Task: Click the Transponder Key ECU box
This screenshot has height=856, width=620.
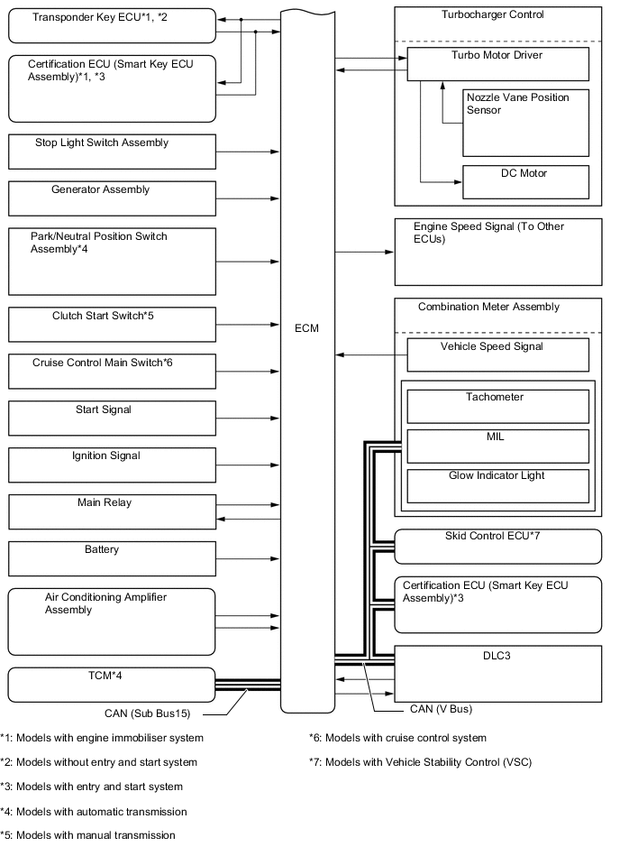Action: click(x=112, y=25)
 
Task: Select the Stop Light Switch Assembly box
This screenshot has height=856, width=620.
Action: click(x=112, y=152)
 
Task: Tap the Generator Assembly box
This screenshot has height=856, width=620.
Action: click(x=112, y=198)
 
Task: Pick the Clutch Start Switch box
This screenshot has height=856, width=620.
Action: click(x=112, y=324)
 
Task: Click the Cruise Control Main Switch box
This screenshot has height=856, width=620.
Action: click(x=112, y=371)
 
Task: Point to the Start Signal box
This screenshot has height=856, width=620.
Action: click(x=112, y=418)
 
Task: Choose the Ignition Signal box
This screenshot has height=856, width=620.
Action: click(x=112, y=465)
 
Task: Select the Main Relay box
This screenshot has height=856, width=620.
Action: click(x=112, y=511)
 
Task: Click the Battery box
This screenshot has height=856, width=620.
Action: click(x=112, y=558)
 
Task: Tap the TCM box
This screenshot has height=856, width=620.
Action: click(x=112, y=684)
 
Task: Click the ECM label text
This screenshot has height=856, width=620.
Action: click(x=307, y=327)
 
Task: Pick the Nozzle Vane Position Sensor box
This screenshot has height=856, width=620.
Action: click(x=525, y=122)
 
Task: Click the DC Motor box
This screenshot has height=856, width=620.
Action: click(x=525, y=181)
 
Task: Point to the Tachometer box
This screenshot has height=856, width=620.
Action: click(x=497, y=406)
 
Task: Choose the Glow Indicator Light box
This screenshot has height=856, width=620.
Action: click(x=497, y=485)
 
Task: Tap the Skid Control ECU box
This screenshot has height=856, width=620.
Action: click(x=497, y=546)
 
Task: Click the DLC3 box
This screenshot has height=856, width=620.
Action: click(x=497, y=675)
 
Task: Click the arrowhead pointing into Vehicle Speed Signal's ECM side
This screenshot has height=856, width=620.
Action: click(x=338, y=354)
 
